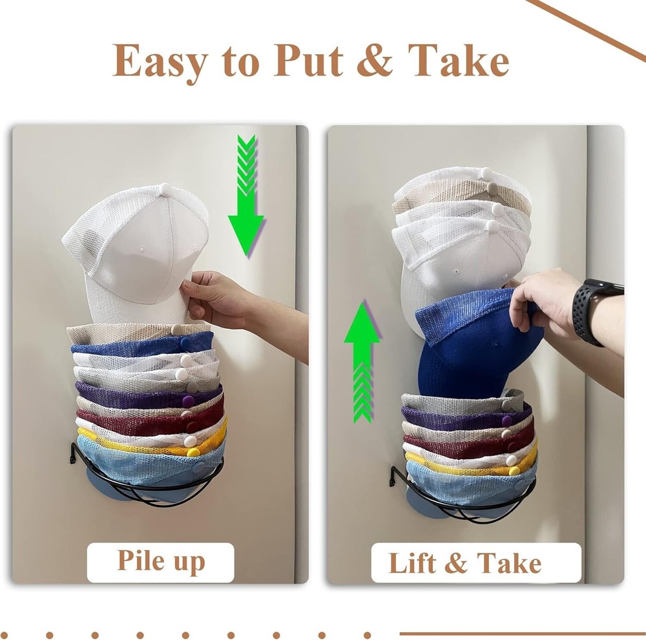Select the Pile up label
tap(160, 562)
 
